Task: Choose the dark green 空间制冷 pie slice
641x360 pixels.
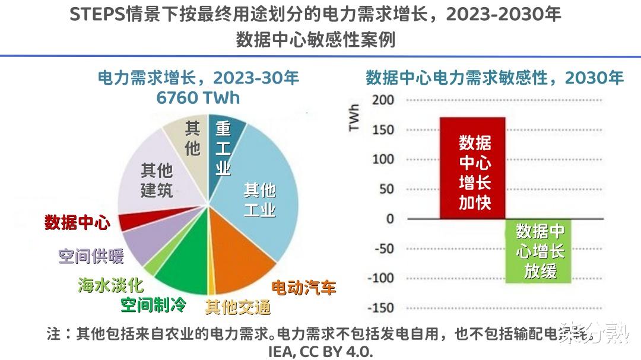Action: tap(181, 273)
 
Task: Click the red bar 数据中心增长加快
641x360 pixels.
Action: tap(472, 168)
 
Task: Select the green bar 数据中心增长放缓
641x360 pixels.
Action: tap(539, 250)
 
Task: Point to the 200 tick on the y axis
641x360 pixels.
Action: tap(383, 100)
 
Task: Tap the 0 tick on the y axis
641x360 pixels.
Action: tap(389, 219)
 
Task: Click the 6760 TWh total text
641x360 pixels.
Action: tap(198, 98)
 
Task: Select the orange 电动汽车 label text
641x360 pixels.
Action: tap(303, 288)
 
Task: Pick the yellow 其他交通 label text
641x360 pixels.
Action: tap(238, 307)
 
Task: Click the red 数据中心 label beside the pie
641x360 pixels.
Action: tap(77, 223)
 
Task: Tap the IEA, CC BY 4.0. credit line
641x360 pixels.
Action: tap(320, 351)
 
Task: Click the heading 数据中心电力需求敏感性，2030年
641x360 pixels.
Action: tap(494, 78)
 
